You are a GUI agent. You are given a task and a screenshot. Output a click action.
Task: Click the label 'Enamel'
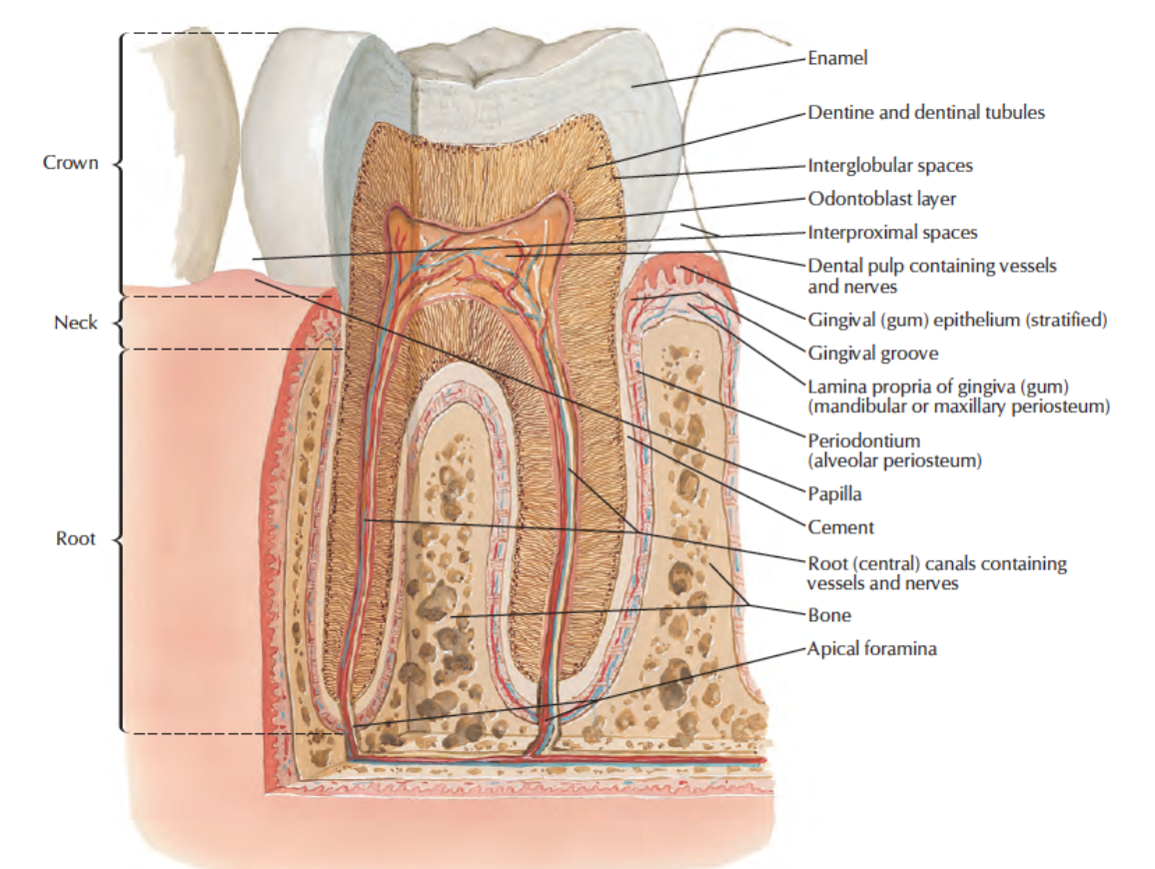tap(837, 58)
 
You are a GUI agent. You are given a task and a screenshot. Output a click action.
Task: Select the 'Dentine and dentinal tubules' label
tap(926, 112)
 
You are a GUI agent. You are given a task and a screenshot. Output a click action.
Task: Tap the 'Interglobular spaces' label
tap(890, 165)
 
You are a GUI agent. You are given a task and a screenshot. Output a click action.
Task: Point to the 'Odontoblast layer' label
tap(881, 199)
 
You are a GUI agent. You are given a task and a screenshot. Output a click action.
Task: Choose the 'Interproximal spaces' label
tap(892, 233)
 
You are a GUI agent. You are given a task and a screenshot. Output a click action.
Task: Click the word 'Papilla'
tap(834, 494)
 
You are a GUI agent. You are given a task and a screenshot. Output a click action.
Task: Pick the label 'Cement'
tap(840, 527)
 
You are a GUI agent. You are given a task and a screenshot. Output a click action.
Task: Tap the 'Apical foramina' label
tap(872, 649)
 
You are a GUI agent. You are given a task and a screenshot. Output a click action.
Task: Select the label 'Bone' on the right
tap(828, 615)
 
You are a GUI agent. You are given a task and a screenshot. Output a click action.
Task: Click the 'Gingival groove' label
tap(873, 354)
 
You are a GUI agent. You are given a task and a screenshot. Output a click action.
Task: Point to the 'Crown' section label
tap(71, 162)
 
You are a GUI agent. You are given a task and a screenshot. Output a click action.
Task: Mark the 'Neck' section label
tap(76, 323)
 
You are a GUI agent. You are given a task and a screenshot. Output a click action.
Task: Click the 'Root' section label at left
tap(76, 538)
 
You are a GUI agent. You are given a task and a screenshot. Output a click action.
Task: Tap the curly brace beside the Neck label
tap(118, 323)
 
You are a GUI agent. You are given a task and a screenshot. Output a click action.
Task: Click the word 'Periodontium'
tap(864, 441)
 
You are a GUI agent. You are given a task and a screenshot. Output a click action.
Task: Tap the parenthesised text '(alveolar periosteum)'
tap(895, 461)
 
